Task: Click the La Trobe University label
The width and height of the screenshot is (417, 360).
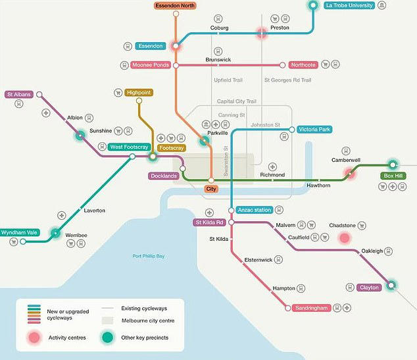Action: pyautogui.click(x=349, y=5)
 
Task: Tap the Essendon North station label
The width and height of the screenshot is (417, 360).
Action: pyautogui.click(x=176, y=5)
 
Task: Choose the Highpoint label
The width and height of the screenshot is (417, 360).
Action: pyautogui.click(x=139, y=93)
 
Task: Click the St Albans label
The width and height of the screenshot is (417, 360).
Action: pyautogui.click(x=20, y=94)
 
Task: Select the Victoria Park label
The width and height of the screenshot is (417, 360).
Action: pyautogui.click(x=314, y=130)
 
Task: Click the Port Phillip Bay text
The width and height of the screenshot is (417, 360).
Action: pyautogui.click(x=149, y=256)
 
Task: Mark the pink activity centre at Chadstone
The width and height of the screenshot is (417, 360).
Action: pyautogui.click(x=343, y=238)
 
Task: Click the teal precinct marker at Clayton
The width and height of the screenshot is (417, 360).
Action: pyautogui.click(x=392, y=286)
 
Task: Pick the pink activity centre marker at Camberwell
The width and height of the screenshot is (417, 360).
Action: pyautogui.click(x=349, y=174)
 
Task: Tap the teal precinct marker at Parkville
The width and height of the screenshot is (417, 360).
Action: pyautogui.click(x=205, y=140)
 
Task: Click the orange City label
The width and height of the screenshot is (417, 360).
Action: pyautogui.click(x=211, y=189)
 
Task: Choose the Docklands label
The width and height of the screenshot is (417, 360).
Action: pyautogui.click(x=163, y=176)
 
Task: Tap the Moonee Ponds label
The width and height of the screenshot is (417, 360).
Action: pyautogui.click(x=150, y=65)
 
